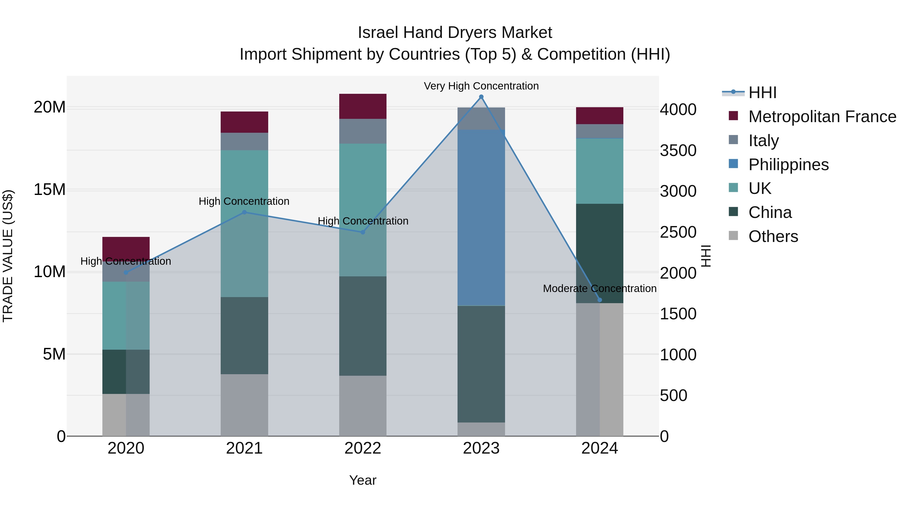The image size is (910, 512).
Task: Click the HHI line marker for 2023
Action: click(x=481, y=97)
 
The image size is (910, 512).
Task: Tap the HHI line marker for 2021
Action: click(x=244, y=212)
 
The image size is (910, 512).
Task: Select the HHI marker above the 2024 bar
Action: click(x=600, y=300)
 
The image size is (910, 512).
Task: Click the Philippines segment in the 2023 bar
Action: click(x=481, y=217)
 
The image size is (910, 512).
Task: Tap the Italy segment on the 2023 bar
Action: click(x=481, y=118)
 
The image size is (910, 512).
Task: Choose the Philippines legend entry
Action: click(x=788, y=165)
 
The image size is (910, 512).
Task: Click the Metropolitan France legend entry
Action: click(x=822, y=117)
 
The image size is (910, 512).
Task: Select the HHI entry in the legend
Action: click(x=762, y=93)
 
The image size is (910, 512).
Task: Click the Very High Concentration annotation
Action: click(x=481, y=86)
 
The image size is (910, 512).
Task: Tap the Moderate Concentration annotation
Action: click(x=600, y=288)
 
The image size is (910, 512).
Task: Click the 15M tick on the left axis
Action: click(x=50, y=190)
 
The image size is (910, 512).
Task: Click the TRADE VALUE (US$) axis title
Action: click(x=8, y=256)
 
